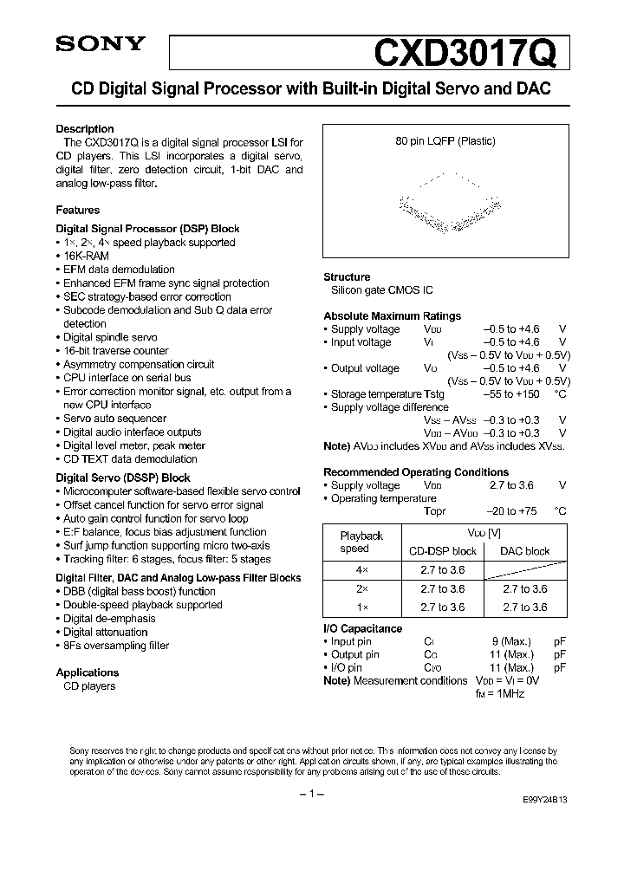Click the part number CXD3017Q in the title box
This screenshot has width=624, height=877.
point(471,52)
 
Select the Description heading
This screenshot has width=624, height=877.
point(85,129)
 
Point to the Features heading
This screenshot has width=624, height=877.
point(78,210)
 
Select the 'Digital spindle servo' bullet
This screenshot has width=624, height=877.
point(110,337)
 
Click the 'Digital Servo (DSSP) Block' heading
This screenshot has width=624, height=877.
point(123,477)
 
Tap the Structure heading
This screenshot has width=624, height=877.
point(347,277)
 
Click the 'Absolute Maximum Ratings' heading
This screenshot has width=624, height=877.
point(392,316)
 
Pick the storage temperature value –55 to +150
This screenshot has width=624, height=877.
point(510,394)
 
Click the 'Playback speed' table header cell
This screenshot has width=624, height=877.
point(361,542)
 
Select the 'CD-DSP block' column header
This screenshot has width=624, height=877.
point(442,551)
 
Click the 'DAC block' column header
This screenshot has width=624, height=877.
point(524,551)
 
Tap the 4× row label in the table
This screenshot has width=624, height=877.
point(361,570)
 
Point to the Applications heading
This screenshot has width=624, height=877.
point(87,672)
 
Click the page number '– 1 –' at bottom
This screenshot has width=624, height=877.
point(311,795)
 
